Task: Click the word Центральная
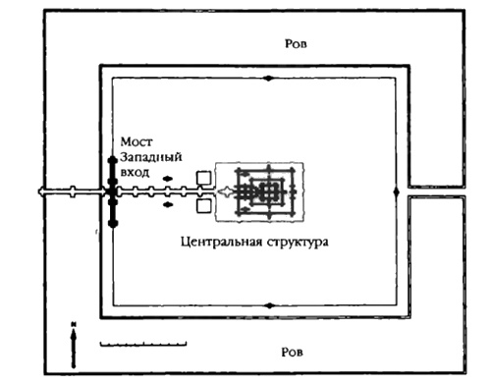click(x=224, y=241)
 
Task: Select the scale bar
click(x=142, y=345)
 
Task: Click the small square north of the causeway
click(x=203, y=178)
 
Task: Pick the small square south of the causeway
click(x=203, y=206)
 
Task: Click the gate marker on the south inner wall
click(x=266, y=305)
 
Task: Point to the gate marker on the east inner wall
click(x=396, y=192)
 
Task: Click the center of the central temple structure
click(x=266, y=192)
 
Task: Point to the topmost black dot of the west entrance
click(x=112, y=156)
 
